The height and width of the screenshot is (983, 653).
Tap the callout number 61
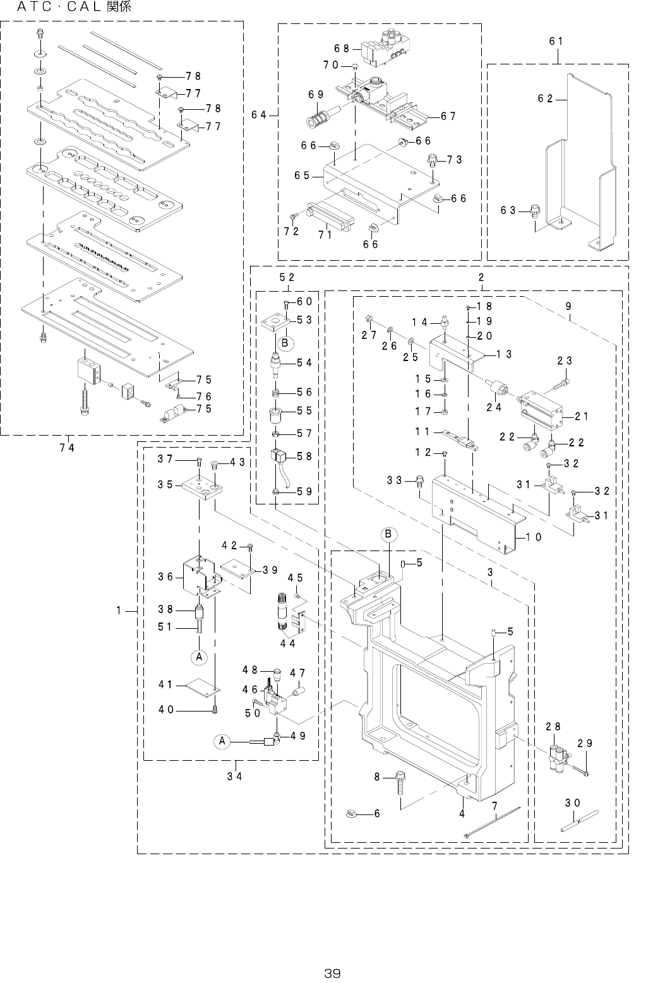tap(556, 41)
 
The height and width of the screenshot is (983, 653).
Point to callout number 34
tap(235, 776)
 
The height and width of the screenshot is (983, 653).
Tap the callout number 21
tap(583, 416)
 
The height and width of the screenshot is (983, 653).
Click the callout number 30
tap(573, 802)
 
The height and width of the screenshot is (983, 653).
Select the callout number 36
tap(165, 576)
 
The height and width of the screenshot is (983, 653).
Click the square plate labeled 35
tap(200, 490)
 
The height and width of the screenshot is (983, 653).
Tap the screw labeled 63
tap(534, 210)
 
